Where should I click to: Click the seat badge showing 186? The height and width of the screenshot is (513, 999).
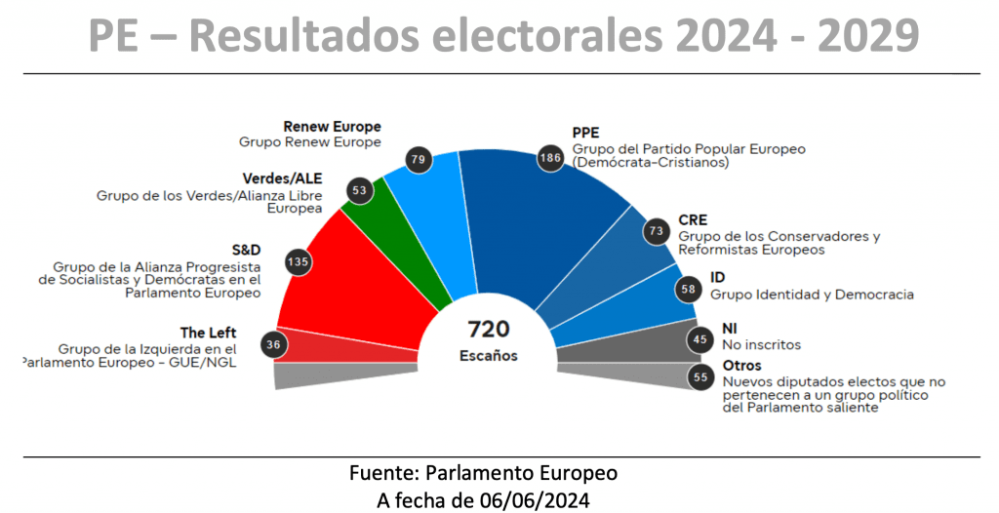click(x=551, y=157)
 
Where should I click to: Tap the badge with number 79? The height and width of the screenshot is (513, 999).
click(x=420, y=159)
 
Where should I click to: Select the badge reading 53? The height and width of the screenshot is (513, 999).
click(x=359, y=190)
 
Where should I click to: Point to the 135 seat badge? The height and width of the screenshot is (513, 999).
click(x=299, y=262)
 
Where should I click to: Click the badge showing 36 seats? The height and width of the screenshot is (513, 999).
click(x=274, y=343)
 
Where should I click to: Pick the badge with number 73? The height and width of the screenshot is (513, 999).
click(x=656, y=231)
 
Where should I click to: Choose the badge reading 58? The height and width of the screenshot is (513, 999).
click(x=688, y=290)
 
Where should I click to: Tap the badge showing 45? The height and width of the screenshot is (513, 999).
click(x=699, y=339)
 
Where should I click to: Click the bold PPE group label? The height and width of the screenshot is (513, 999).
click(x=585, y=134)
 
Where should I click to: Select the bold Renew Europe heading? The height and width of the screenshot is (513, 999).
click(x=332, y=127)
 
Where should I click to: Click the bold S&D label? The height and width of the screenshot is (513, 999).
click(x=245, y=250)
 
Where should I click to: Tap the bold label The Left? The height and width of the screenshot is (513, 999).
click(x=209, y=333)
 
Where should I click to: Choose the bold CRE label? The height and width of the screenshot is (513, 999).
click(x=693, y=220)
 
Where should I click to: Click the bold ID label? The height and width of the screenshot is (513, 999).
click(x=717, y=277)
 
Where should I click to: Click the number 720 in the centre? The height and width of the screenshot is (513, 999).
click(x=489, y=329)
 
